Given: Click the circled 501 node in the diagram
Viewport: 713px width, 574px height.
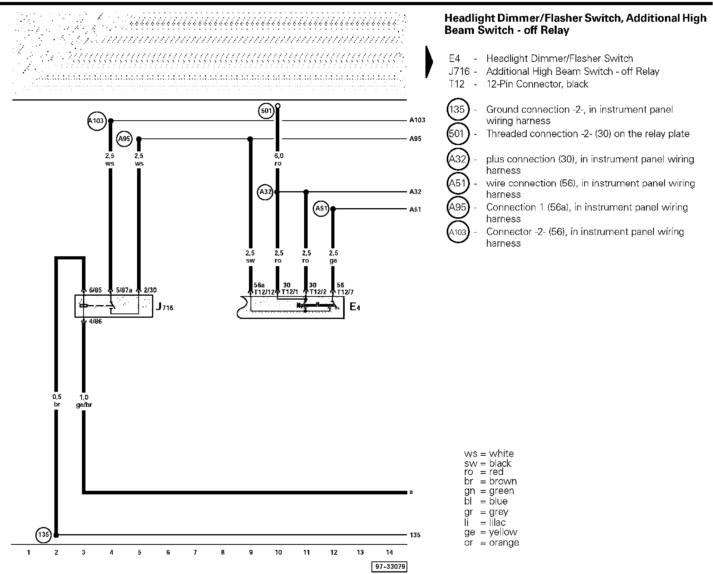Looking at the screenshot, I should point(266,111).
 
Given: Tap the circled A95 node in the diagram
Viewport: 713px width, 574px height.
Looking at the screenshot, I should point(124,139).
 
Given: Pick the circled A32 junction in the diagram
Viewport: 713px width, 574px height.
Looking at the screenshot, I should point(266,192).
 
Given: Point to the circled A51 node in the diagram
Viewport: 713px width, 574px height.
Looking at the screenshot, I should point(321,209).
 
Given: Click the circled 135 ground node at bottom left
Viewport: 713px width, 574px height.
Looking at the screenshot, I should point(43,535).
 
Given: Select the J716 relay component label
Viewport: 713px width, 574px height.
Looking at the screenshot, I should point(164,307).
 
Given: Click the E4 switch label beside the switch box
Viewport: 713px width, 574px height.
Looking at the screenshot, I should point(355,307).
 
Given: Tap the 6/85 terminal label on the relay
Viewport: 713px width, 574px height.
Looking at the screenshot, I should point(95,290).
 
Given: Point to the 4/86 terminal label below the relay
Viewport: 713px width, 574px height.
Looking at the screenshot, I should point(95,321).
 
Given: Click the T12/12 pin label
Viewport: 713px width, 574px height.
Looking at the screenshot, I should point(264,292).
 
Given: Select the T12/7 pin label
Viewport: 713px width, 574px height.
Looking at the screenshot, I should point(345,292).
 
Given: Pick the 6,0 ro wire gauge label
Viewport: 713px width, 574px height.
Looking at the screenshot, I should point(279,159).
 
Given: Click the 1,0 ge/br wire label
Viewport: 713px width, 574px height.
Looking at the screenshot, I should point(84,401).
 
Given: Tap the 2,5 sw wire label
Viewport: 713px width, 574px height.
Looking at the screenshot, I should point(250,257).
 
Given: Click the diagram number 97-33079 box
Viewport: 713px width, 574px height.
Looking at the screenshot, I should point(389,567).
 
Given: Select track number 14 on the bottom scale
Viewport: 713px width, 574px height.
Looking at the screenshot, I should point(389,553).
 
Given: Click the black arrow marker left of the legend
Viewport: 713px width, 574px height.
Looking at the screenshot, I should point(429,62).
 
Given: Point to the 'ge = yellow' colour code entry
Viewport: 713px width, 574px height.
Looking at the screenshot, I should point(490,532).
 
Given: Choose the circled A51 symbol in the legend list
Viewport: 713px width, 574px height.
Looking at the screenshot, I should point(458,183).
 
